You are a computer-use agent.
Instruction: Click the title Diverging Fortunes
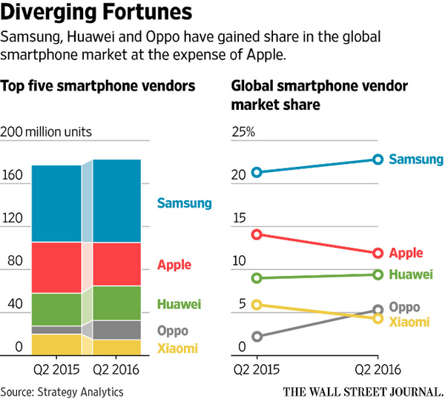(99, 13)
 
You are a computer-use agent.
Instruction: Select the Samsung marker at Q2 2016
(378, 159)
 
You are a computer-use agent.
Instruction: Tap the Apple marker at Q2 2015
(257, 234)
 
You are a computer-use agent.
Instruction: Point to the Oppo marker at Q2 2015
(257, 337)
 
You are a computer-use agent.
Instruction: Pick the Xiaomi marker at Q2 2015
(257, 304)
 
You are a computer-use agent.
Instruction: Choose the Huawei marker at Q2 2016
(378, 274)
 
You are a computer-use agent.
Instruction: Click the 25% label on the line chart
(243, 133)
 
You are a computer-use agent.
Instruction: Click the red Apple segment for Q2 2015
(56, 267)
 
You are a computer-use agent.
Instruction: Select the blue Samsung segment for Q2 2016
(116, 200)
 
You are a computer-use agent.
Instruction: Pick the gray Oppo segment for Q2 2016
(116, 329)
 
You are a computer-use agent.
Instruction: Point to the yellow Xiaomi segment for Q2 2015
(56, 344)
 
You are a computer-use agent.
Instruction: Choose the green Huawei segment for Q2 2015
(56, 309)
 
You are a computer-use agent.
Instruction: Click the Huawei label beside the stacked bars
(179, 304)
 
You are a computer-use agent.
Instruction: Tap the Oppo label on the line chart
(404, 307)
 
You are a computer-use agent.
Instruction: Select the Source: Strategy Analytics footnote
(62, 391)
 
